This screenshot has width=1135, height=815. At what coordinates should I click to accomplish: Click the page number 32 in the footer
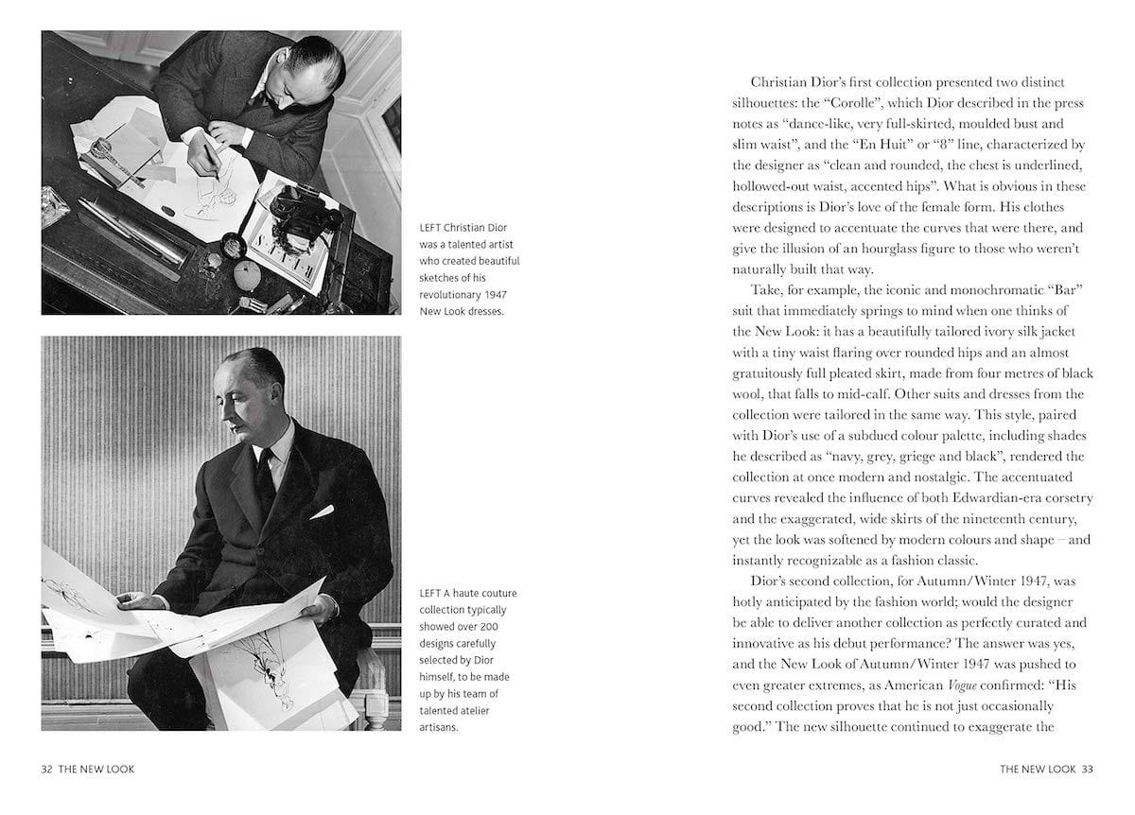tap(46, 769)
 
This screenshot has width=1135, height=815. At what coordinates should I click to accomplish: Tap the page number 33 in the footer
tap(1087, 769)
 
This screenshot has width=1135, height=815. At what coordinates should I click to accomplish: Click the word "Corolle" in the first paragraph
tap(876, 103)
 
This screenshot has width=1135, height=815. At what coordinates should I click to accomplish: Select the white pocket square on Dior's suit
tap(322, 512)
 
